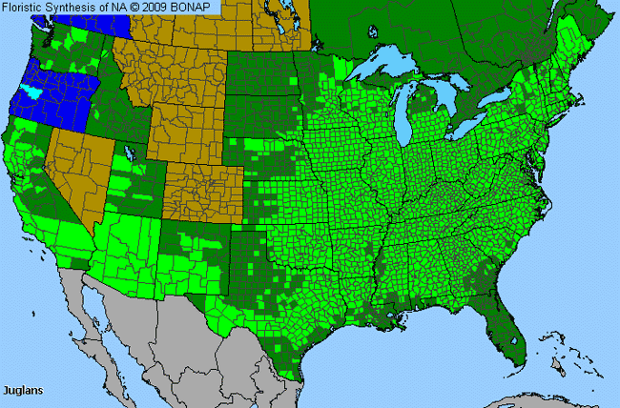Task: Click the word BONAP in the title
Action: click(x=198, y=8)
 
